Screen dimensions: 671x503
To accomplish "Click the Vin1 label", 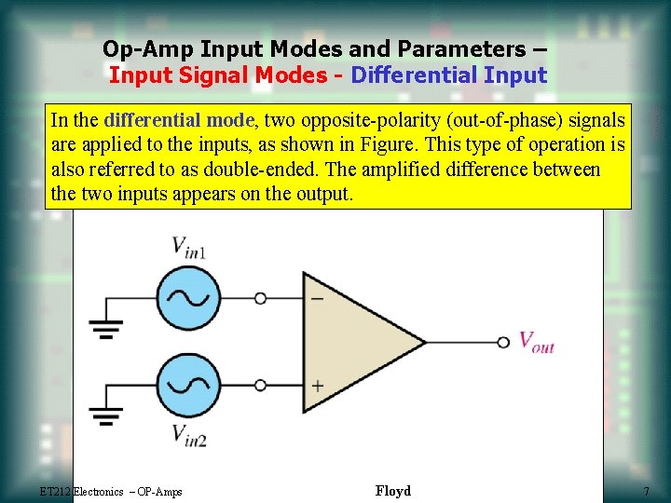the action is point(190,248).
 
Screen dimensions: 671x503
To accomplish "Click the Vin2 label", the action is point(190,433).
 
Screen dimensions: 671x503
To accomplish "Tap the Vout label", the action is point(536,343).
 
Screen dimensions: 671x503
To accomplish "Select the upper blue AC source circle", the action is point(186,298).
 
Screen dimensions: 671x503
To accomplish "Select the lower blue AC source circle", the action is point(186,384).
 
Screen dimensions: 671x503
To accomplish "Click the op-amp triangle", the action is point(354,342).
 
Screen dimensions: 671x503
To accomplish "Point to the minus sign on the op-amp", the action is point(318,299).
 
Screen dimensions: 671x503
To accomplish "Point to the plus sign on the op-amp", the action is point(318,385).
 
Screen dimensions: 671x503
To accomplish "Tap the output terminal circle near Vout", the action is point(503,342).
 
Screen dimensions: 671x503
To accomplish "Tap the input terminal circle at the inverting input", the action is point(261,298).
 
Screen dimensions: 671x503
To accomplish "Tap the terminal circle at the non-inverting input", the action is point(261,384).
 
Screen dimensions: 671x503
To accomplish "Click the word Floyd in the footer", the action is point(392,491).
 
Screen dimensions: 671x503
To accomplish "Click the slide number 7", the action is point(645,491).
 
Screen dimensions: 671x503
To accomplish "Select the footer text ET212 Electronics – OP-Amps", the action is point(111,492).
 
